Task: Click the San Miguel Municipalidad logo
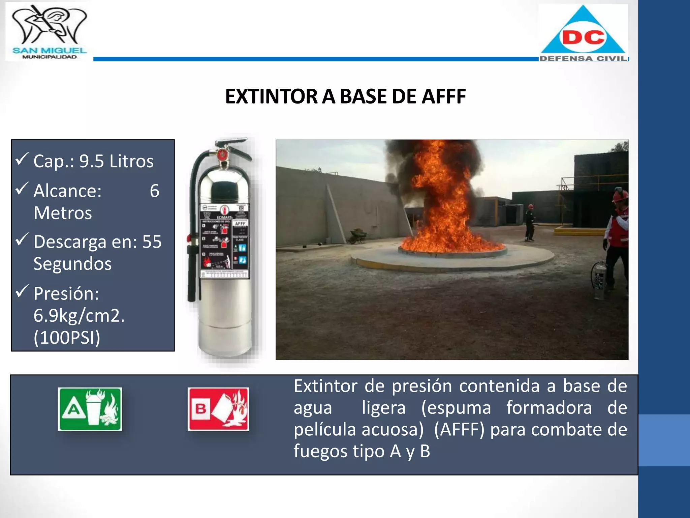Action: [49, 32]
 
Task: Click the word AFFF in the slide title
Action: [444, 96]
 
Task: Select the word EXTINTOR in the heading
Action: [271, 96]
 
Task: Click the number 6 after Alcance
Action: [154, 191]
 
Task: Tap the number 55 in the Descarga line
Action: [152, 242]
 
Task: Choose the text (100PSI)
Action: [67, 338]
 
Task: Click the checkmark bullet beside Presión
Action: [22, 291]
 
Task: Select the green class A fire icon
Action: [90, 409]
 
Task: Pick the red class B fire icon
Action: [218, 409]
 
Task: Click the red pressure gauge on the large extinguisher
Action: [222, 155]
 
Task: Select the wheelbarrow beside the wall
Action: [358, 236]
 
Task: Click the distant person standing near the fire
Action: [530, 223]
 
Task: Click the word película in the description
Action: [324, 430]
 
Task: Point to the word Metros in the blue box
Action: [63, 213]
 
